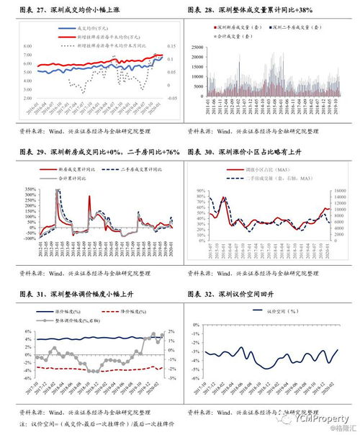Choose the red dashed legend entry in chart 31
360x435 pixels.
[x=121, y=312]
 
